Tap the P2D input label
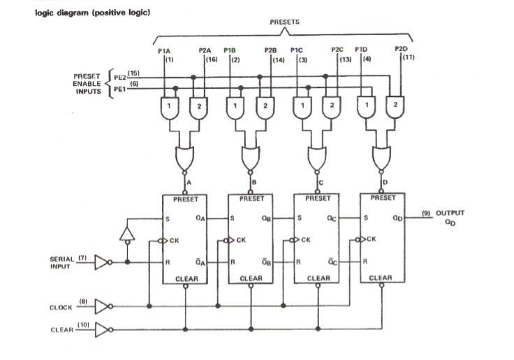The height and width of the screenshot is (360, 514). (x=400, y=49)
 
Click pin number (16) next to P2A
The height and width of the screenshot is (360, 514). (x=212, y=59)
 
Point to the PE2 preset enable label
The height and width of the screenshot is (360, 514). (x=119, y=75)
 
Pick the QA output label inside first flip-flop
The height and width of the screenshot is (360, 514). (x=200, y=219)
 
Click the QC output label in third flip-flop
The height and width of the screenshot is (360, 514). (x=332, y=219)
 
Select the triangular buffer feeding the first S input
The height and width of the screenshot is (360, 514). (x=126, y=233)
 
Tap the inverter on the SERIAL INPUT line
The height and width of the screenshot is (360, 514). (x=102, y=263)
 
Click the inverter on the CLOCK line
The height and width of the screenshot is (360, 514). (x=102, y=306)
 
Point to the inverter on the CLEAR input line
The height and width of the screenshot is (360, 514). (x=102, y=329)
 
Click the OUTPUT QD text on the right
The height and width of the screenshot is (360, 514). (x=450, y=217)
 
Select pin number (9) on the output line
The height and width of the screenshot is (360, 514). (x=425, y=213)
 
